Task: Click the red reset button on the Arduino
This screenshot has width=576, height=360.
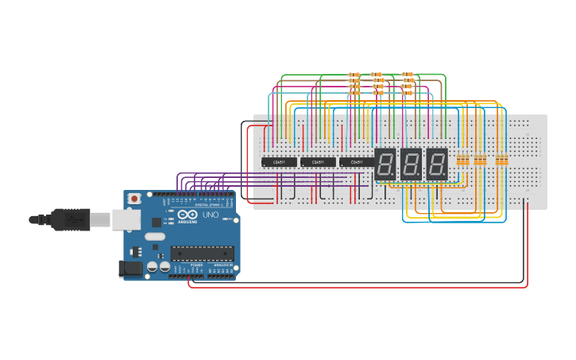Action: point(134,198)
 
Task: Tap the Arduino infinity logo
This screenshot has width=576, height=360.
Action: point(188,215)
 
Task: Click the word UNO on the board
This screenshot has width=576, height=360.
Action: point(211,215)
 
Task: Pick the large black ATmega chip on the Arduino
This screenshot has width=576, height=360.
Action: point(202,254)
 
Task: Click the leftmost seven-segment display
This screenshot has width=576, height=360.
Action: point(385,164)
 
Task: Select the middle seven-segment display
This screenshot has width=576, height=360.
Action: point(411,164)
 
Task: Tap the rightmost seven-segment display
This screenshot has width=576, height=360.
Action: point(436,164)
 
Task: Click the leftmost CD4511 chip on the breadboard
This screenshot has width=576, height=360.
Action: point(279,162)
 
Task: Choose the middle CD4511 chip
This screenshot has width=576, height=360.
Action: point(318,162)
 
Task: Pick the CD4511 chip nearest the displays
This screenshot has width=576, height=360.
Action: point(357,162)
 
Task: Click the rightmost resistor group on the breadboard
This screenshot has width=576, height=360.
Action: point(501,160)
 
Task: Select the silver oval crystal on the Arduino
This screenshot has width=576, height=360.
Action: point(155,236)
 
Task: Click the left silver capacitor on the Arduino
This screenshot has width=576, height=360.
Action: point(151,268)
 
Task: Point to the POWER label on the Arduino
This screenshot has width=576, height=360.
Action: point(196,265)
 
